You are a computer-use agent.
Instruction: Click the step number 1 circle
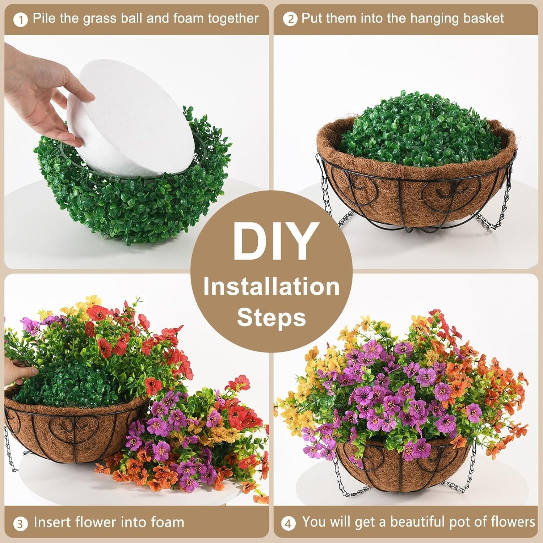(x=21, y=20)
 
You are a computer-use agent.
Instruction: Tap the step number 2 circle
(x=290, y=19)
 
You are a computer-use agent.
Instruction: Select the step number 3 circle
(x=20, y=523)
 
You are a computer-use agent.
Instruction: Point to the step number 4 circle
(x=288, y=523)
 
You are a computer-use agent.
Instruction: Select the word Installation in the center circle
(x=271, y=287)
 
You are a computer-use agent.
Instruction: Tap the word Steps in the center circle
(x=271, y=317)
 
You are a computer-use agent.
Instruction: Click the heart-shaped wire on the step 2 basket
(x=440, y=194)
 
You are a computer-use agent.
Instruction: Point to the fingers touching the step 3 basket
(x=22, y=373)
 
